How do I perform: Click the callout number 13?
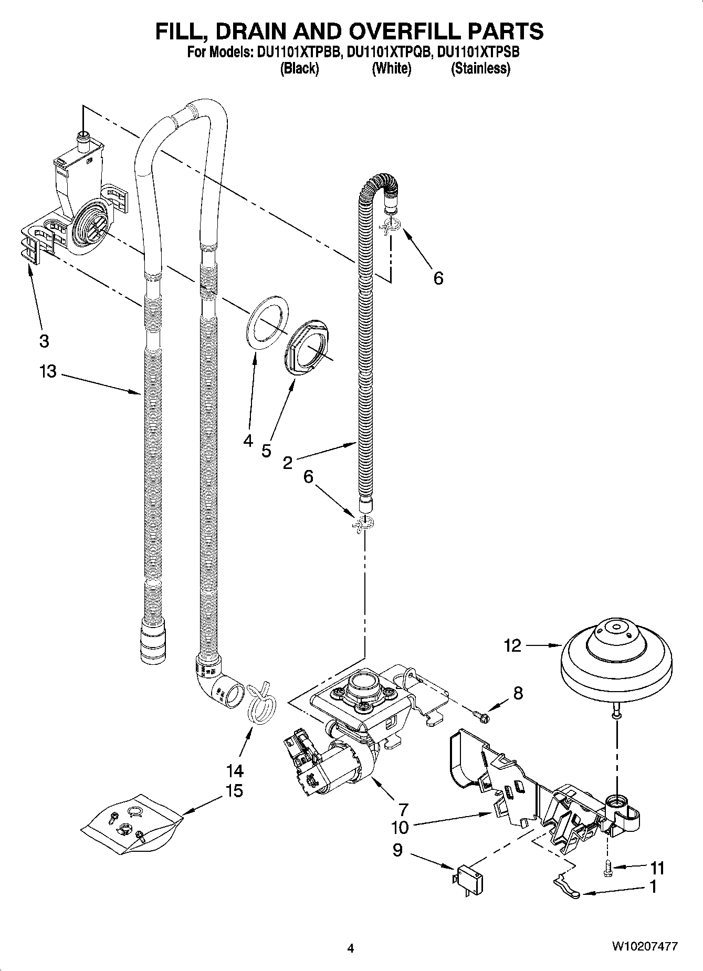[47, 372]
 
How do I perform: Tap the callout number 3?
[44, 341]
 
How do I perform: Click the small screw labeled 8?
[481, 714]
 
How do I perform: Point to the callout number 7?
[403, 809]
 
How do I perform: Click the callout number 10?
[400, 828]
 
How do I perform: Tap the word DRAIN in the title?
[270, 32]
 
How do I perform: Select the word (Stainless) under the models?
[480, 68]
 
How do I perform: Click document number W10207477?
[644, 947]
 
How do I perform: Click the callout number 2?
[287, 463]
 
